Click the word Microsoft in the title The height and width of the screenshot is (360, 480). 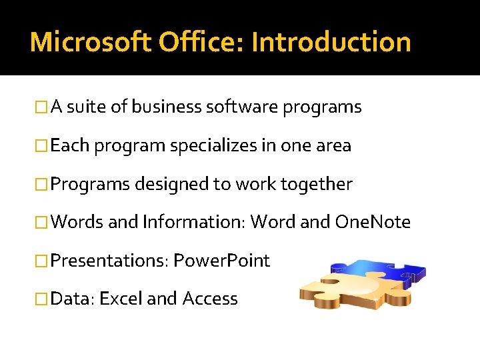point(91,42)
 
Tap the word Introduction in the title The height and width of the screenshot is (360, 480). point(331,42)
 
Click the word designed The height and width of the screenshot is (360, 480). point(171,183)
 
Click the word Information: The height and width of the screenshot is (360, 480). point(194,222)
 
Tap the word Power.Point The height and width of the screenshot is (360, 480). point(221,260)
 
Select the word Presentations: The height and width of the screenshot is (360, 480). point(109,260)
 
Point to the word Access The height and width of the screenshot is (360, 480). point(210,298)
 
